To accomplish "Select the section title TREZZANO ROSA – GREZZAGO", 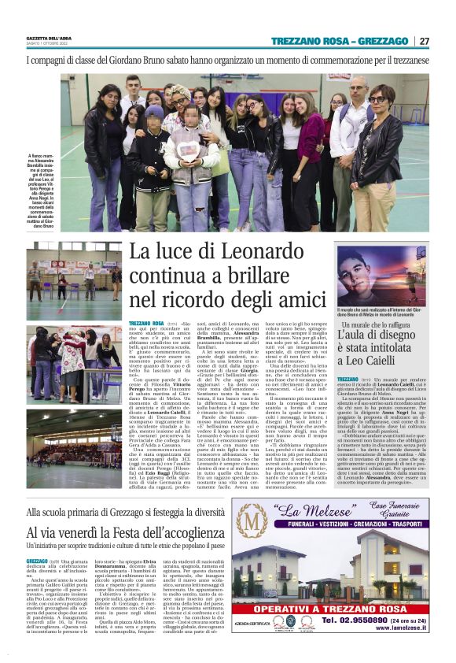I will coord(340,41).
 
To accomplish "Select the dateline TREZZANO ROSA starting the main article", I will coord(146,324).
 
